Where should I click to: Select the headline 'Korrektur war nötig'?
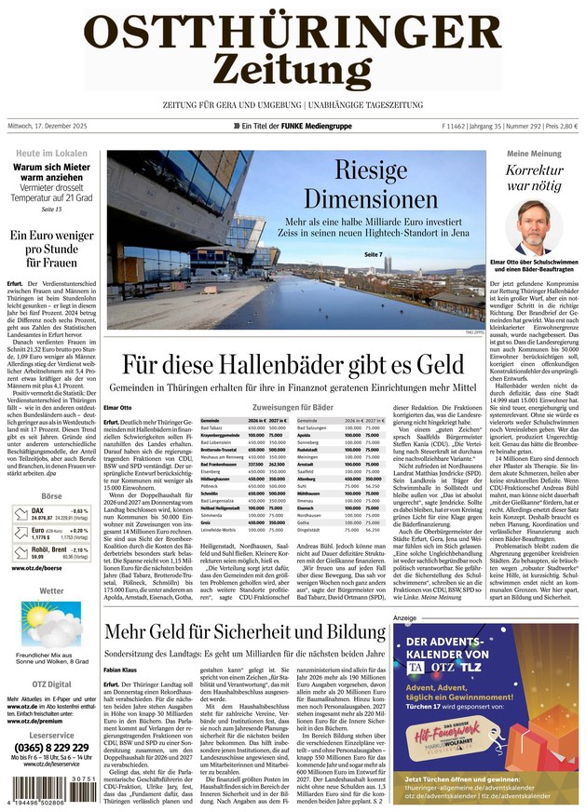pyautogui.click(x=534, y=178)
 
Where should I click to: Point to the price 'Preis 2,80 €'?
pyautogui.click(x=558, y=127)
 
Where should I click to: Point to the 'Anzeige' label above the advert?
pyautogui.click(x=404, y=617)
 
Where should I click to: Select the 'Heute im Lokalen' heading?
pyautogui.click(x=51, y=153)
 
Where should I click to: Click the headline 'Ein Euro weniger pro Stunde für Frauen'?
pyautogui.click(x=51, y=250)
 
